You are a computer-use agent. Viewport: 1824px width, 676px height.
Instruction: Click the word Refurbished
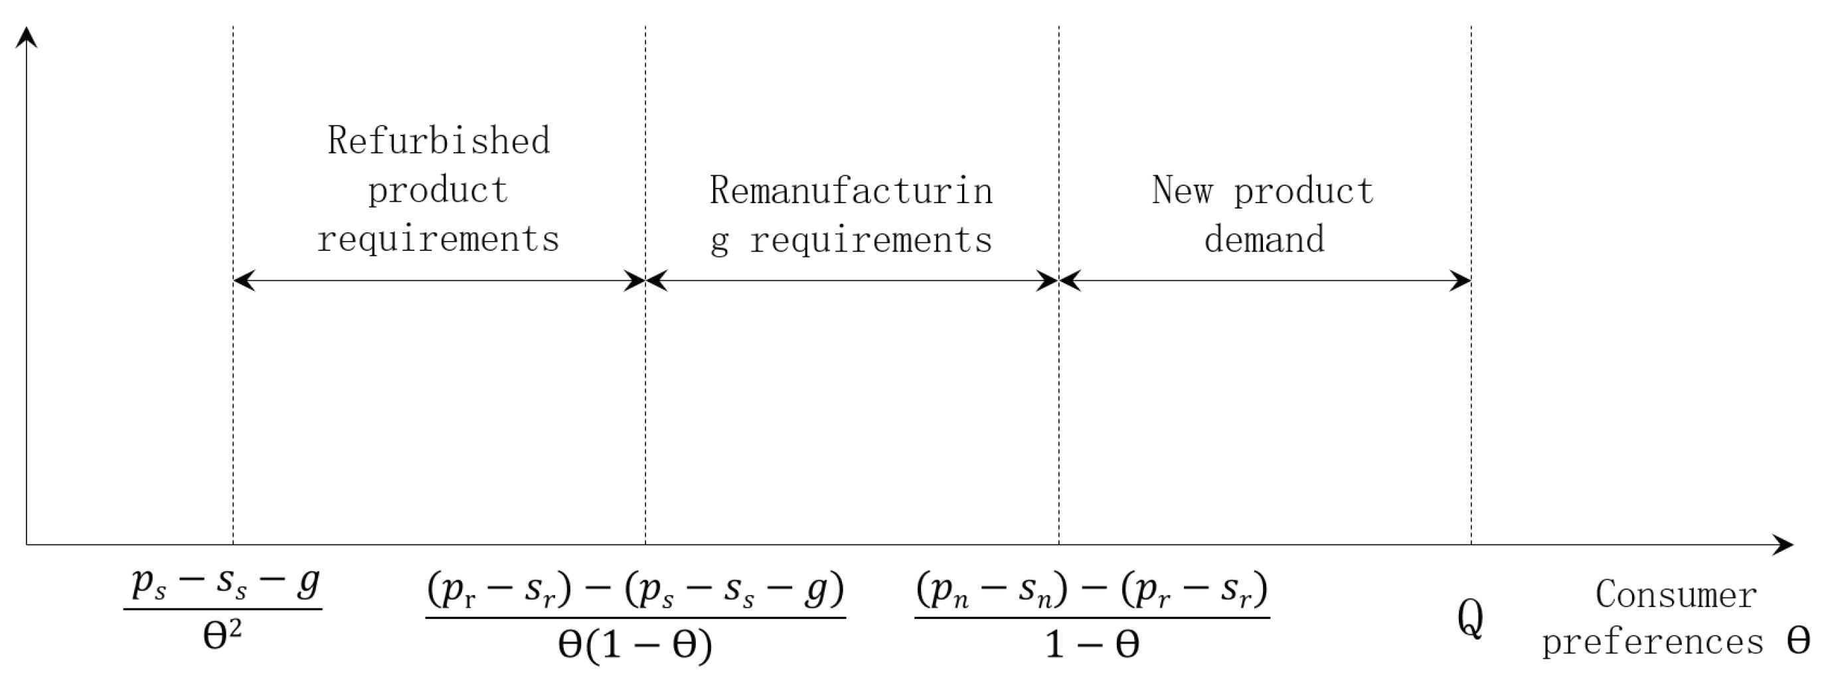coord(438,141)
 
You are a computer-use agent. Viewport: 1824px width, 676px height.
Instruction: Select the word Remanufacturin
coord(851,191)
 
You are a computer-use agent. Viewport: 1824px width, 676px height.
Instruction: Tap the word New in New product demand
coord(1182,191)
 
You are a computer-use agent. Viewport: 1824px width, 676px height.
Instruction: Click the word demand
coord(1264,239)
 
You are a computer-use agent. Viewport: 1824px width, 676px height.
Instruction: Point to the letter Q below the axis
coord(1470,620)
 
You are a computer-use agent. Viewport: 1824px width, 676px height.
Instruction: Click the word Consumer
coord(1675,594)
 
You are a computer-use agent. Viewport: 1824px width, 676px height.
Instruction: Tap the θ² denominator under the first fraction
coord(222,635)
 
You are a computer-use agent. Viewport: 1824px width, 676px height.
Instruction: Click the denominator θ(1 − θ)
coord(635,645)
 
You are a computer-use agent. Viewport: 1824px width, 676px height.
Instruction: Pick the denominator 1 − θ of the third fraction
coord(1092,645)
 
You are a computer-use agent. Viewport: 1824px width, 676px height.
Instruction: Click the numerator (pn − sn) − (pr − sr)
coord(1092,590)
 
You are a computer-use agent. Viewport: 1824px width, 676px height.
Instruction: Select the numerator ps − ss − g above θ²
coord(225,584)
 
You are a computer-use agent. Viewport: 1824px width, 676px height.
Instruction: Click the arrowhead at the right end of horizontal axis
coord(1784,545)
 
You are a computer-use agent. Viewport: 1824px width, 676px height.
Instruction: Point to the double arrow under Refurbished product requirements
coord(439,281)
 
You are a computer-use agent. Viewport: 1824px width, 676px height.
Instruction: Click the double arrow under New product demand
coord(1265,281)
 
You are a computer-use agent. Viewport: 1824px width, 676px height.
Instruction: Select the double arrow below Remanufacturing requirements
coord(852,281)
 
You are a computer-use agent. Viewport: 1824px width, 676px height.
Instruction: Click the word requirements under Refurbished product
coord(438,239)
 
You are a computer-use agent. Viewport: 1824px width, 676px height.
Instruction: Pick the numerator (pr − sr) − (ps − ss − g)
coord(635,590)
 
